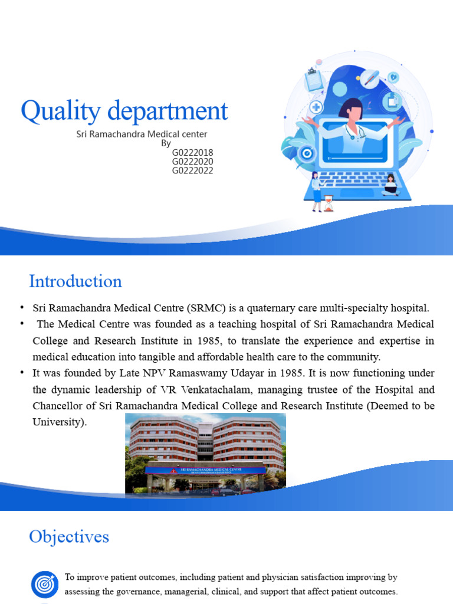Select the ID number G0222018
coord(192,153)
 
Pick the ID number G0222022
coord(192,171)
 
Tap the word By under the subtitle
coord(166,143)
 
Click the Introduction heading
coord(75,281)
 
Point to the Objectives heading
coord(69,537)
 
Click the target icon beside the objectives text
coord(44,585)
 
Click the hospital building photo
coord(205,453)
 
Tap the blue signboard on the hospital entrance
coord(205,471)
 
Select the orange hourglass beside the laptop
coord(329,203)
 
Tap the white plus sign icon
coord(316,107)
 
